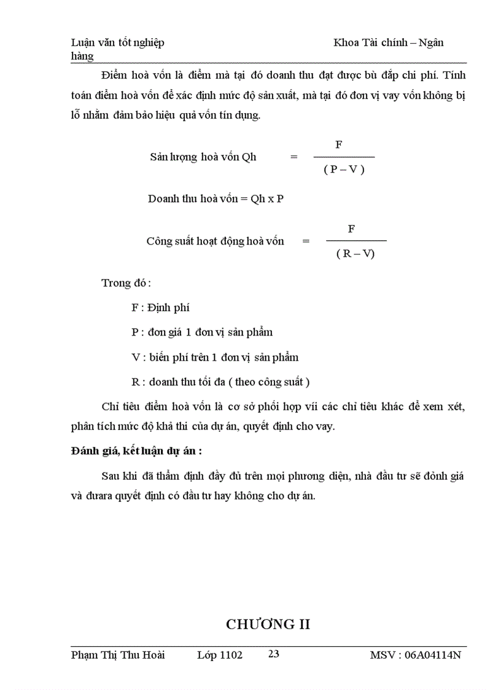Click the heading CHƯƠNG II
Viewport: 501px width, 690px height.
coord(268,624)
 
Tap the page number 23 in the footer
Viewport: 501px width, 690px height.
coord(274,654)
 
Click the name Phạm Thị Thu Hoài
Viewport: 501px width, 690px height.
coord(118,655)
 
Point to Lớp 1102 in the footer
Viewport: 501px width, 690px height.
coord(220,655)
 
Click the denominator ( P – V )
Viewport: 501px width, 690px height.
coord(344,170)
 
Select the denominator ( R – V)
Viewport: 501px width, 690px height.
coord(355,253)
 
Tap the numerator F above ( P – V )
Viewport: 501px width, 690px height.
coord(338,145)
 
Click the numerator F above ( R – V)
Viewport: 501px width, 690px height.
coord(351,229)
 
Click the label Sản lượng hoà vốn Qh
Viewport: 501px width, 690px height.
coord(203,157)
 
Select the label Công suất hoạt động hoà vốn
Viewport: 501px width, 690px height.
coord(215,241)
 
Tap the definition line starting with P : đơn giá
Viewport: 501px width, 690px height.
coord(202,332)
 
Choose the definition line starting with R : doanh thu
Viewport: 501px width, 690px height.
coord(220,382)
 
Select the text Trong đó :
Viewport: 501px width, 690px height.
coord(126,283)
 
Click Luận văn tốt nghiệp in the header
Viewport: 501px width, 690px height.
coord(118,42)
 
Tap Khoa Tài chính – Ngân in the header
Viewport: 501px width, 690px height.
coord(388,42)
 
